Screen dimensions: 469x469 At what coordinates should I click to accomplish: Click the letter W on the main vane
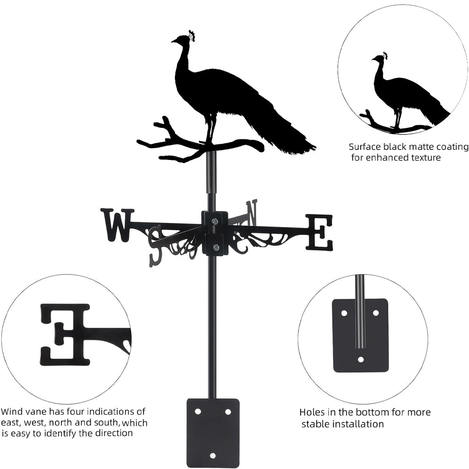(x=117, y=225)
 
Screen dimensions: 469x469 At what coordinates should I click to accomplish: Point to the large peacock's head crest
(x=191, y=35)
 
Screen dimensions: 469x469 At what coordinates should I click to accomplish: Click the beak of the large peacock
(x=173, y=41)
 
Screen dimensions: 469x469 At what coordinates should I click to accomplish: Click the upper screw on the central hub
(x=214, y=221)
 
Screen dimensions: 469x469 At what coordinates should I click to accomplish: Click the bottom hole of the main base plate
(x=213, y=455)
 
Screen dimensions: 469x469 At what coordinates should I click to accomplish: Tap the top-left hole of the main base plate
(x=197, y=411)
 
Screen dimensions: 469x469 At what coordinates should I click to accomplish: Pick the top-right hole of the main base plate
(x=228, y=411)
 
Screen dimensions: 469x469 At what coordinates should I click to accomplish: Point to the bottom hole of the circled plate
(x=361, y=359)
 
